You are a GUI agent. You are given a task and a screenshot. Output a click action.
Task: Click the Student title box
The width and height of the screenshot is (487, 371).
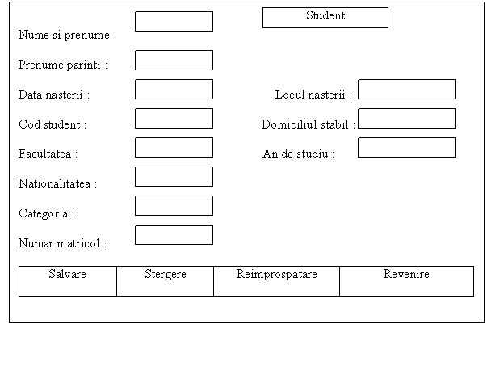(325, 18)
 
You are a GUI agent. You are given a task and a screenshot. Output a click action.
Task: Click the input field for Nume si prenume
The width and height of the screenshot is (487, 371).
(174, 22)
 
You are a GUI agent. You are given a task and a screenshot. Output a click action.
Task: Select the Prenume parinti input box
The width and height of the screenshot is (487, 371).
(174, 61)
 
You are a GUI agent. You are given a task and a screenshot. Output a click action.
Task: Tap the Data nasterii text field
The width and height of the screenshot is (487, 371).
(174, 90)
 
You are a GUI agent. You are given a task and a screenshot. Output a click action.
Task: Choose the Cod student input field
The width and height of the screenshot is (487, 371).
(174, 118)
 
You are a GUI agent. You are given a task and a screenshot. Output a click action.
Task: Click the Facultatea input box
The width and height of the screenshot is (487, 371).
(174, 148)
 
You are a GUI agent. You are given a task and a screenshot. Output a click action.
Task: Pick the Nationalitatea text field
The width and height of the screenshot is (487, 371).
(174, 177)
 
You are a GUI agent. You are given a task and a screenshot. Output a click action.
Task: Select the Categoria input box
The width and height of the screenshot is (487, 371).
(174, 205)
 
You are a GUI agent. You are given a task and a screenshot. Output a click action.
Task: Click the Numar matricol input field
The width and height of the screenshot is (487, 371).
(174, 235)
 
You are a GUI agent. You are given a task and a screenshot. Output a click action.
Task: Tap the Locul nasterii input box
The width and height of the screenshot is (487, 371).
(406, 90)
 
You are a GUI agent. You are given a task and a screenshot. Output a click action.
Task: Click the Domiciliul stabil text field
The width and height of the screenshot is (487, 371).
(406, 118)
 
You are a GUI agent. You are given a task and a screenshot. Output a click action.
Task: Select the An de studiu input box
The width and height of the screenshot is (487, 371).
(406, 148)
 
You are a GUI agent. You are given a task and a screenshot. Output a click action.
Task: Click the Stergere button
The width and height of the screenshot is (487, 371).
(166, 281)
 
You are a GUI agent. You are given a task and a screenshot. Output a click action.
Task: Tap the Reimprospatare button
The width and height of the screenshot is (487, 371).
(277, 281)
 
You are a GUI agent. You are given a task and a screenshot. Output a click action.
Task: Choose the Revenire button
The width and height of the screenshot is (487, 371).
(407, 281)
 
